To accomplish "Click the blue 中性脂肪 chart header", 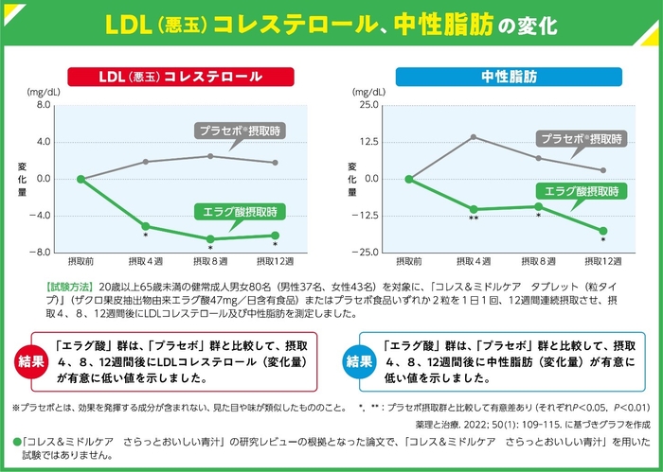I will coord(508,76).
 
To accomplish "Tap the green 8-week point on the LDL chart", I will coord(210,238).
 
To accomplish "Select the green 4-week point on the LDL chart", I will coord(146,226).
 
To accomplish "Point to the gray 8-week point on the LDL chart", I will coord(210,156).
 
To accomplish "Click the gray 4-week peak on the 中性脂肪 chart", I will coord(474,137).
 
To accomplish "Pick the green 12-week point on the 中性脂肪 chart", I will coord(603,231).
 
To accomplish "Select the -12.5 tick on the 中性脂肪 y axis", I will coord(367,216).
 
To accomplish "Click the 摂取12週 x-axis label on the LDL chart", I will coord(275,261).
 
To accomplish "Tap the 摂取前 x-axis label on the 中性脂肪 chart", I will coord(408,261).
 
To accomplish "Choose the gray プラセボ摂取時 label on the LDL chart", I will coord(242,130).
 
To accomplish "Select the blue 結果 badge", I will coord(358,361).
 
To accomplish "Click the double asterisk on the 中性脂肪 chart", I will coord(474,219).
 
